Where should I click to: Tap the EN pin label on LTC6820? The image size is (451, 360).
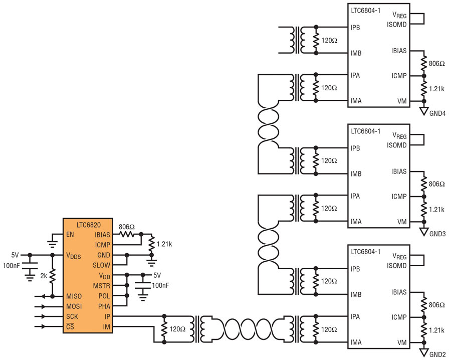tap(70, 234)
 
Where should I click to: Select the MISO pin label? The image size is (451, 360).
tap(74, 296)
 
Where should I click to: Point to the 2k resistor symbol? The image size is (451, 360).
tap(52, 276)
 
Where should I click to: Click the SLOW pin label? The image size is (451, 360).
tap(101, 265)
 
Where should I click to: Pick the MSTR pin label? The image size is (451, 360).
tap(102, 286)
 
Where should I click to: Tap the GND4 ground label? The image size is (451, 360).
tap(437, 113)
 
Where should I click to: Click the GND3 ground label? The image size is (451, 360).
tap(437, 234)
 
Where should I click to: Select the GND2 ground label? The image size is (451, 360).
tap(437, 354)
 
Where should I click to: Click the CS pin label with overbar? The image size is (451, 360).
tap(70, 326)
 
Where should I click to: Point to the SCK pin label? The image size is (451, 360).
tap(72, 316)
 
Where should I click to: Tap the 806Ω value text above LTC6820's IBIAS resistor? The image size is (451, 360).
tap(127, 227)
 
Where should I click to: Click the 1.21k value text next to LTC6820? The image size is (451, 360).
tap(164, 244)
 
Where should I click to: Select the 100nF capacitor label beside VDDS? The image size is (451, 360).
tap(12, 265)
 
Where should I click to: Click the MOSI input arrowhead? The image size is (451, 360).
tap(44, 306)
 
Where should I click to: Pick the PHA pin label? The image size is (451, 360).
tap(104, 306)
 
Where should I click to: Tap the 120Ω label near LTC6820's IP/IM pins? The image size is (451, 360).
tap(177, 329)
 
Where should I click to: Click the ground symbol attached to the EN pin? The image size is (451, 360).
tap(52, 244)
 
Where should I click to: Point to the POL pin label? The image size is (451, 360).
tap(104, 296)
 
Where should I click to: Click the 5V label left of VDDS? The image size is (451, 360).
tap(15, 255)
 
